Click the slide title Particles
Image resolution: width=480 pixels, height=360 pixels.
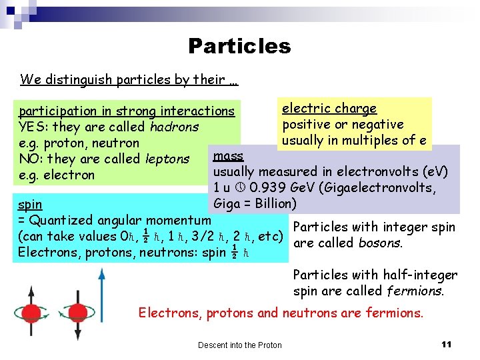239,46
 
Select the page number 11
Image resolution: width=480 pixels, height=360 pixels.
447,344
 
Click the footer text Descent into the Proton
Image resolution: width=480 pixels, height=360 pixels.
239,345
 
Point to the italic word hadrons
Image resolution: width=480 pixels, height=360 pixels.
174,127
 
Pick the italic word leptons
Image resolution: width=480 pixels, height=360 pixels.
167,159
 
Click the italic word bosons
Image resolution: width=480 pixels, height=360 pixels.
380,243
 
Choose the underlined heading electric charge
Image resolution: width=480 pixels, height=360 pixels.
329,108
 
